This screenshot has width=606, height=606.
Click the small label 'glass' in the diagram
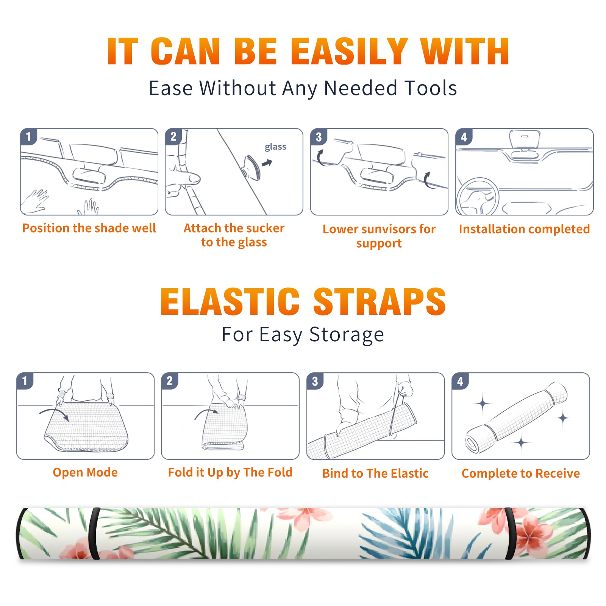[275, 147]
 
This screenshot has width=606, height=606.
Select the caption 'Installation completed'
[524, 229]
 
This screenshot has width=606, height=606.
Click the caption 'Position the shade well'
[89, 228]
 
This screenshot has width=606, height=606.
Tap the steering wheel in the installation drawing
[478, 197]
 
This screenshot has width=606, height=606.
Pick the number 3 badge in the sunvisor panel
[319, 137]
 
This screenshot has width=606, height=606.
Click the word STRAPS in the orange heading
[380, 301]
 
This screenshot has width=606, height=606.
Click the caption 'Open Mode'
[85, 472]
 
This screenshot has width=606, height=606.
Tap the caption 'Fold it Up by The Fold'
[230, 472]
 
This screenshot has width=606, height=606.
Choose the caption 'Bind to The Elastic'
[375, 473]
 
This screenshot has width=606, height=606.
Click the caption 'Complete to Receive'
[521, 473]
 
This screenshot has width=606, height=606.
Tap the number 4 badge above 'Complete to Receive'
[460, 381]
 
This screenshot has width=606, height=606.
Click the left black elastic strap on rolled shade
[94, 534]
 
